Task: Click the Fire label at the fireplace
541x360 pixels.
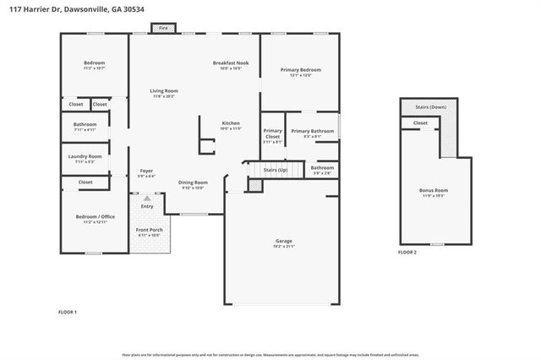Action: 162,28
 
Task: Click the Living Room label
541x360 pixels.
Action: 164,91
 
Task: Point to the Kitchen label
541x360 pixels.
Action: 231,123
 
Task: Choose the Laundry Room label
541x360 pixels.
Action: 85,156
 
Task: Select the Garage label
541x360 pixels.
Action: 283,242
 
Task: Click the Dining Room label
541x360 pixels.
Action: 193,183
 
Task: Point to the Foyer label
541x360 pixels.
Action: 146,172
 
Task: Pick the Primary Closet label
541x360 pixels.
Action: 272,134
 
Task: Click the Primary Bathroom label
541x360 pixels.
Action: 312,131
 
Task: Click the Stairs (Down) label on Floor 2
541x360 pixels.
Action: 431,107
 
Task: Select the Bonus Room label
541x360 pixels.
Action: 434,191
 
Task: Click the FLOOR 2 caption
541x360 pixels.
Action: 407,253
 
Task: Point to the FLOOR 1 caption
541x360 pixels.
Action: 67,313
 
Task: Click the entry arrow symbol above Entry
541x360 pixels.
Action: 146,198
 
